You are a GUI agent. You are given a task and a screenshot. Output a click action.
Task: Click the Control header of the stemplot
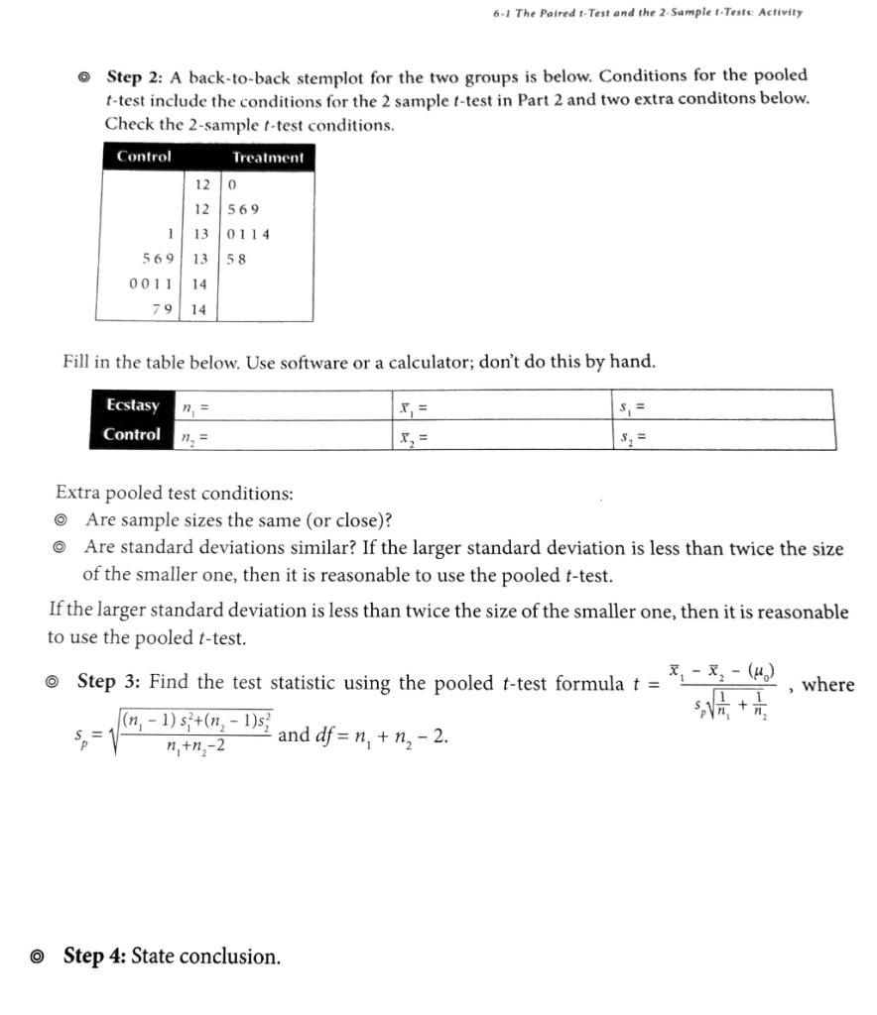[x=144, y=157]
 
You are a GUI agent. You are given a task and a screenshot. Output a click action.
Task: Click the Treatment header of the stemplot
[x=268, y=158]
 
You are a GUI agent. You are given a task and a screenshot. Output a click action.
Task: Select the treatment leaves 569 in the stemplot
[x=243, y=209]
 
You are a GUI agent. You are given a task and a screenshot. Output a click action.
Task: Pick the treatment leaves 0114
[x=248, y=234]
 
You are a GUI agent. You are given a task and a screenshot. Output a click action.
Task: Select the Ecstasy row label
[x=132, y=404]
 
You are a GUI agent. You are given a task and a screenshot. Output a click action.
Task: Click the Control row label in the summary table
[x=131, y=434]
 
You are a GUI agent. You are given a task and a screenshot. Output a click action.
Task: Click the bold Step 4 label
[x=94, y=957]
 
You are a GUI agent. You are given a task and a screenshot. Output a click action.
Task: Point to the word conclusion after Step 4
[x=230, y=957]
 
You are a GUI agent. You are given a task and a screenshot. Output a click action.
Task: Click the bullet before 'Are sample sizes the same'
[x=62, y=520]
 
